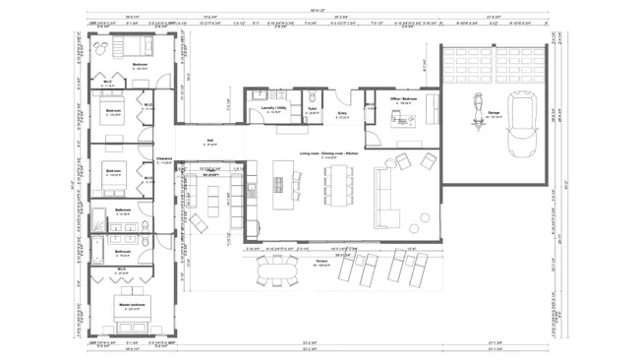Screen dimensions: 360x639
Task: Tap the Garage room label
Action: point(493,113)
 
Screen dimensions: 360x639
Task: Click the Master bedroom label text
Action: point(122,307)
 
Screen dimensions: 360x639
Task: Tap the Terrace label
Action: point(320,262)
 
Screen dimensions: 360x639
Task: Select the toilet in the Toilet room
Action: point(311,97)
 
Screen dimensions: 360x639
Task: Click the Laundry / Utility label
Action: point(274,109)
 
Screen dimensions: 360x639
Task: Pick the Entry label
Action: point(342,114)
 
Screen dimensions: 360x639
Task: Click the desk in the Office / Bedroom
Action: point(403,121)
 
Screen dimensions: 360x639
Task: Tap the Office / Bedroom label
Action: point(403,98)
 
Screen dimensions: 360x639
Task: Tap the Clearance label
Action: point(164,158)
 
